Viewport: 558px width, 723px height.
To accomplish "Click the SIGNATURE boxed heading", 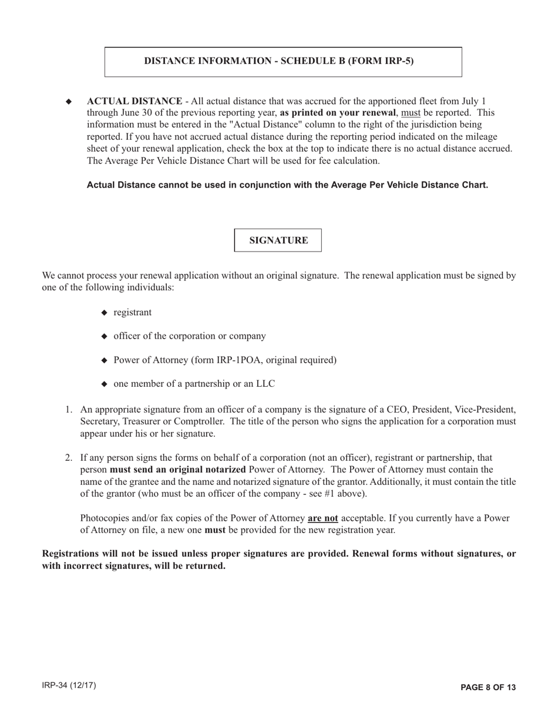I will (x=278, y=240).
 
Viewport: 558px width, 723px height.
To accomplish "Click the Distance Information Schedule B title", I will (x=279, y=61).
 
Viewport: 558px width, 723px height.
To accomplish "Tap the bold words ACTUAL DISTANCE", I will (x=135, y=101).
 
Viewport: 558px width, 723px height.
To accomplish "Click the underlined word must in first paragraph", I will (x=411, y=113).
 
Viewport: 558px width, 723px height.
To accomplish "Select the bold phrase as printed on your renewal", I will (x=338, y=113).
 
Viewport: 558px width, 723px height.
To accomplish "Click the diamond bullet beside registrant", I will (x=105, y=313).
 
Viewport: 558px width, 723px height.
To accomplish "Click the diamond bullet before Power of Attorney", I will (x=105, y=360).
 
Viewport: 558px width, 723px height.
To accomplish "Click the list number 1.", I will (x=68, y=410).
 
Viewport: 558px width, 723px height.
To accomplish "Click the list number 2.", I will (x=68, y=457).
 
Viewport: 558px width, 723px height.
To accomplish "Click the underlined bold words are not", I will (x=322, y=518).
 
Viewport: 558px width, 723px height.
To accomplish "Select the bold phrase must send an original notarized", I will (x=177, y=470).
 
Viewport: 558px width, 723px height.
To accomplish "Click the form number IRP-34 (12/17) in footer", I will (x=69, y=686).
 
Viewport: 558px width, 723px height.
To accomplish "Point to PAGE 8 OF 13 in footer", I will (x=488, y=687).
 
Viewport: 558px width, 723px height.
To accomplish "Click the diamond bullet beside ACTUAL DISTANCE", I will (x=69, y=102).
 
